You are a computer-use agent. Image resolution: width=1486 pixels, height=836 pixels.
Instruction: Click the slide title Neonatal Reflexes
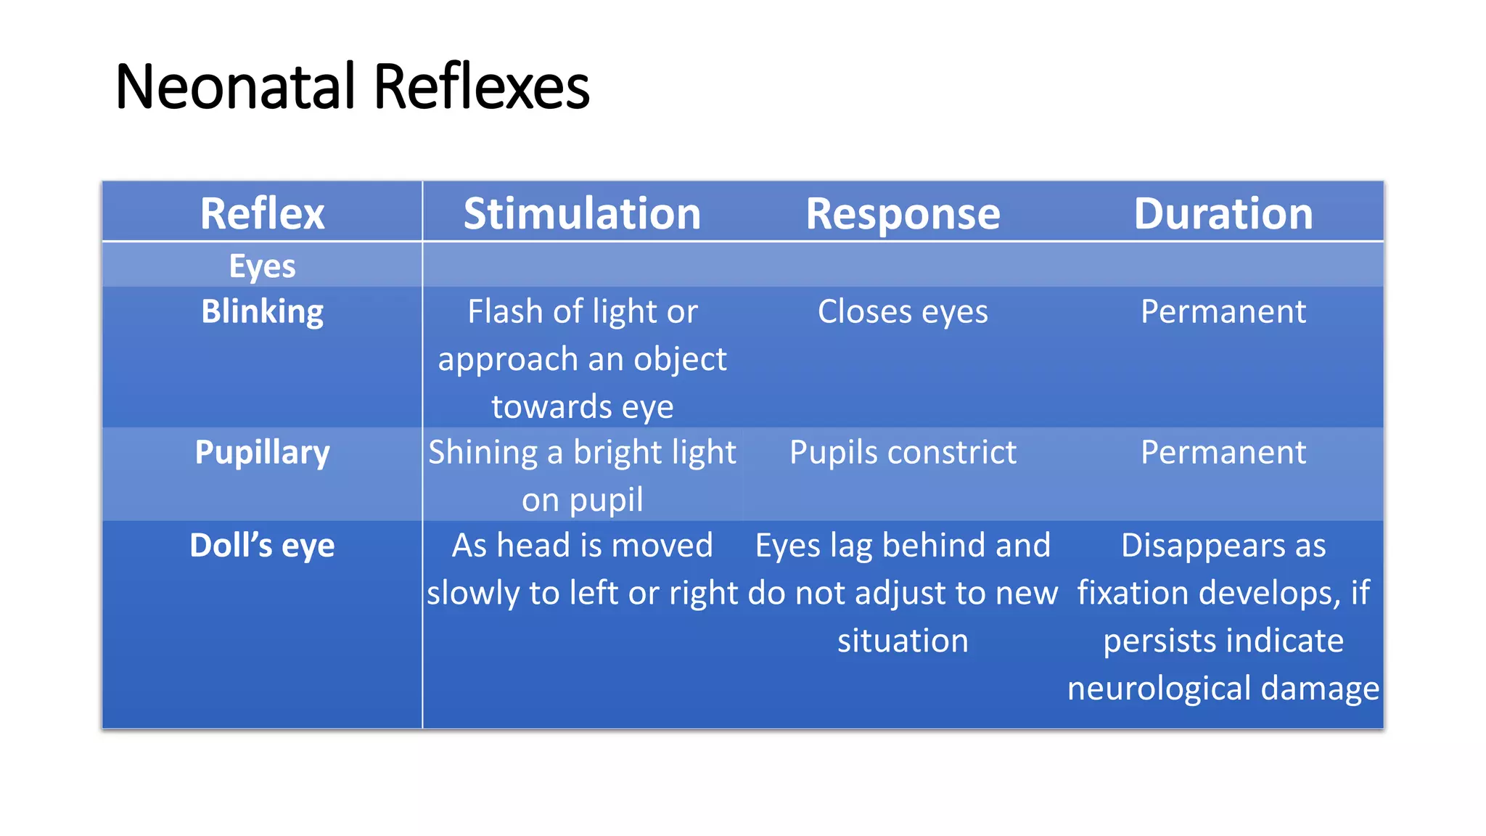click(x=353, y=87)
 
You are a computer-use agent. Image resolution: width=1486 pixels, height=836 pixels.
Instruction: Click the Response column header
click(x=903, y=214)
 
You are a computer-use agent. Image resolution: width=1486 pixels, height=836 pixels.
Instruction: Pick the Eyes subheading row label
click(x=262, y=266)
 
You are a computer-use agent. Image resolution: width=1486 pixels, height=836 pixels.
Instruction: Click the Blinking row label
click(x=262, y=312)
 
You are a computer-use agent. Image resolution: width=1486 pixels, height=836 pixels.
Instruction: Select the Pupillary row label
click(x=262, y=453)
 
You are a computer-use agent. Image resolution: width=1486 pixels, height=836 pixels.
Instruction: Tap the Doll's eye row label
click(x=262, y=546)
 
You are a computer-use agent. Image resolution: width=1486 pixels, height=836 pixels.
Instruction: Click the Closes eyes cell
click(x=903, y=312)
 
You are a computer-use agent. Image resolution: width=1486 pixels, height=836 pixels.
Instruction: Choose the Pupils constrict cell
click(x=903, y=453)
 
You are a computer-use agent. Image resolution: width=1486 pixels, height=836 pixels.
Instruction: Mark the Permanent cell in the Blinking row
click(x=1223, y=312)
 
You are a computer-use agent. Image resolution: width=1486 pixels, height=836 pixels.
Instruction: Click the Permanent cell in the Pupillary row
click(x=1223, y=453)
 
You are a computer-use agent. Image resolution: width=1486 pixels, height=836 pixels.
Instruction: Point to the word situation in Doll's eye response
click(x=903, y=641)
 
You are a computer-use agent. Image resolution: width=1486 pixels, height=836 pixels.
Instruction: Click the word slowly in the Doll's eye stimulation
click(x=472, y=594)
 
